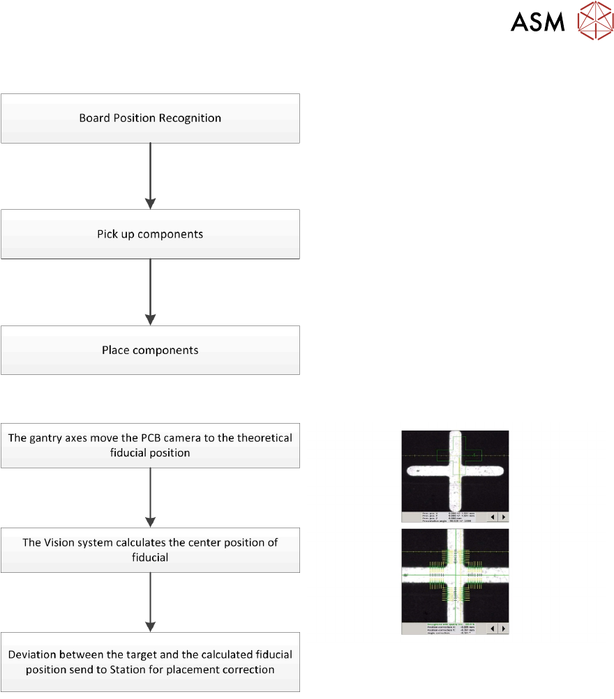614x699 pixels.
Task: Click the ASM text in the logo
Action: click(537, 22)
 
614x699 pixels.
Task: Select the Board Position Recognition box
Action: click(150, 118)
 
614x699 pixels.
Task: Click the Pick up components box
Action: click(150, 234)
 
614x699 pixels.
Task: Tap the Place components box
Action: click(150, 350)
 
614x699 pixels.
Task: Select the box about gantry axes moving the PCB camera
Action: click(150, 445)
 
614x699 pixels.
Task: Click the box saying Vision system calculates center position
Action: click(150, 549)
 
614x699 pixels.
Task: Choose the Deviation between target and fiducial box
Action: click(150, 662)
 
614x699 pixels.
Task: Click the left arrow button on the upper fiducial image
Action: click(492, 517)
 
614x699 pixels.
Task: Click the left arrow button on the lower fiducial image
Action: click(492, 629)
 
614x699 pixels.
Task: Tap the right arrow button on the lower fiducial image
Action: click(502, 629)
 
